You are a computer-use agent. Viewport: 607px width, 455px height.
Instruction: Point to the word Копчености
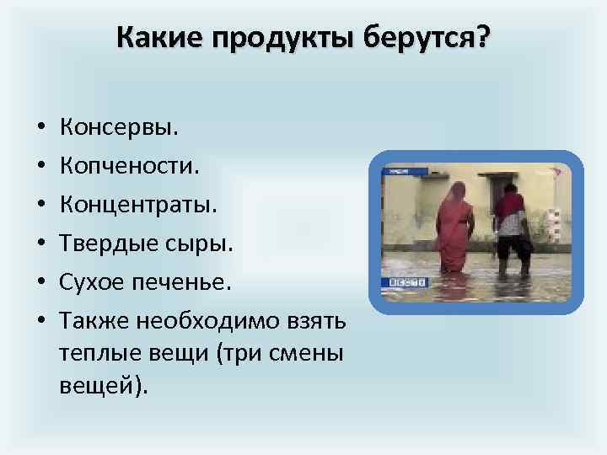(x=130, y=167)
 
